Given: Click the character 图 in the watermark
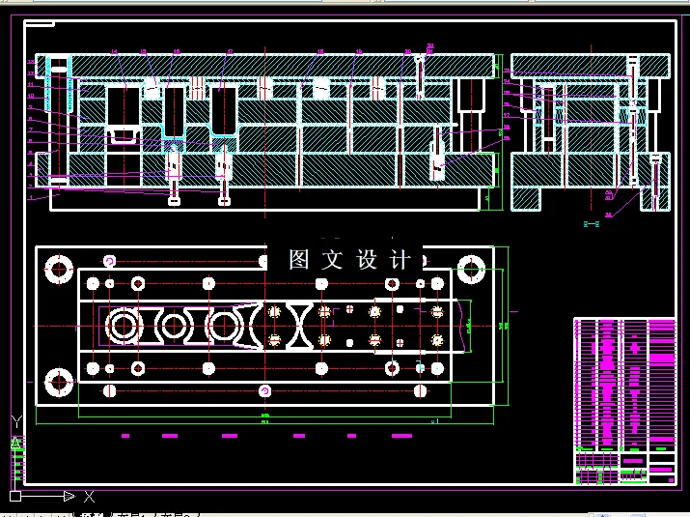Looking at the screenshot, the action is click(x=299, y=259).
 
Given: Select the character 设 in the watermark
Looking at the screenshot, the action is click(x=367, y=259).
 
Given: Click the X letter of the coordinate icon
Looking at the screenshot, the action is click(x=89, y=497).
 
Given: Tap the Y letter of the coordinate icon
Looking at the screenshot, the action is click(x=15, y=421).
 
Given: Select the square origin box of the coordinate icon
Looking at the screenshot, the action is click(x=15, y=496).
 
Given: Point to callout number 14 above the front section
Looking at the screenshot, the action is click(x=114, y=51).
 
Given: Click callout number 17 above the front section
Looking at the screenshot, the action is click(x=230, y=51).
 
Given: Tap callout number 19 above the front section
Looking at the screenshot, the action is click(x=359, y=51).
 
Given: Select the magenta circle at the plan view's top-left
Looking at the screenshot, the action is click(x=109, y=260).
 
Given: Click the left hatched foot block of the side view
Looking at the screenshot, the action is click(x=527, y=197).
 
